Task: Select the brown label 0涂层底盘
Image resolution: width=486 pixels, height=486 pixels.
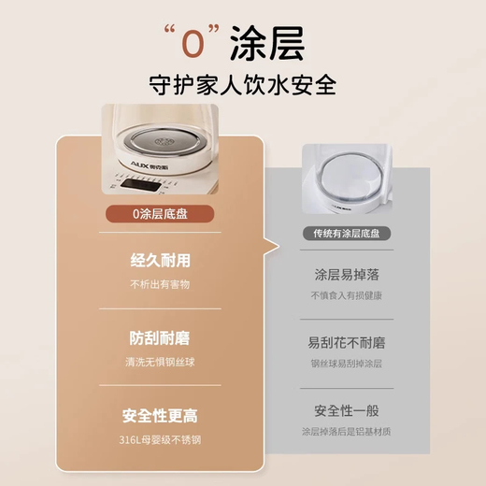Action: coord(161,213)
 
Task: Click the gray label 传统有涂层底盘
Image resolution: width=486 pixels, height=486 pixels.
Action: coord(346,234)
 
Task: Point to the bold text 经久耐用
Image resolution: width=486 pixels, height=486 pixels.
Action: coord(161,262)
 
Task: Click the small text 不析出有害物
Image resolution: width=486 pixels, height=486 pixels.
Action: coord(161,284)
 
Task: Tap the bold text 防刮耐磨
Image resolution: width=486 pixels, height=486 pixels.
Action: coord(161,338)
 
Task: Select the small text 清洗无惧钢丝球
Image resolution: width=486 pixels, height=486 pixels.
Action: coord(161,361)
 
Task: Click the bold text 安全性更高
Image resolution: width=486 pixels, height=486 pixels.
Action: coord(161,415)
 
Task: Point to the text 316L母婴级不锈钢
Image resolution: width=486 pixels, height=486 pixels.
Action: coord(161,437)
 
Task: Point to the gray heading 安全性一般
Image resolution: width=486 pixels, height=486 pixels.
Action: coord(346,410)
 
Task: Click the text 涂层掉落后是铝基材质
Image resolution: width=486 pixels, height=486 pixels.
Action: coord(346,432)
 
